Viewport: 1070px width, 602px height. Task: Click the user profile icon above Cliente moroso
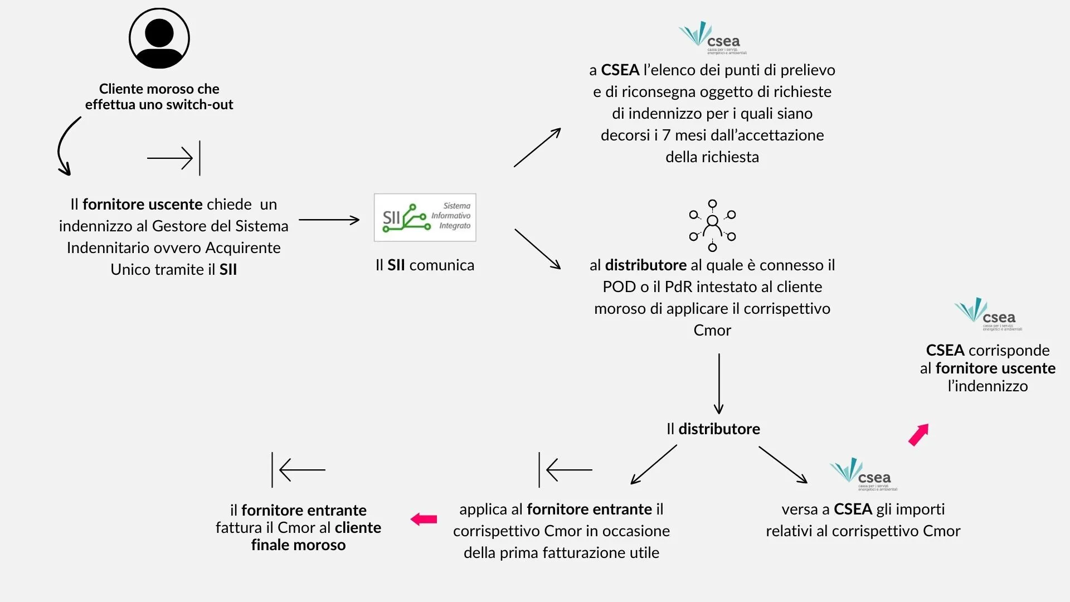tap(159, 38)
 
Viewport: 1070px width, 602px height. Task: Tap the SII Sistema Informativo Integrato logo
tap(425, 217)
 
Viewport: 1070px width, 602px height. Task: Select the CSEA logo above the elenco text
tap(712, 37)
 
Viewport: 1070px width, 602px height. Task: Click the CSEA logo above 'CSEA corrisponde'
tap(988, 314)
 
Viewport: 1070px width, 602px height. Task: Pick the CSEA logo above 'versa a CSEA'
tap(863, 474)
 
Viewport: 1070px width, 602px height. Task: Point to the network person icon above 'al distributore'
tap(712, 225)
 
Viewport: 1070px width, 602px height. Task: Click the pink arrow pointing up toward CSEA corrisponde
tap(918, 435)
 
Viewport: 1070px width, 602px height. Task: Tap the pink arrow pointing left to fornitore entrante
tap(424, 520)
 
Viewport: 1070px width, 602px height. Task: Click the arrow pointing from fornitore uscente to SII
tap(329, 220)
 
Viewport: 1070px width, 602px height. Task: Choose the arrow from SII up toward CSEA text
tap(537, 147)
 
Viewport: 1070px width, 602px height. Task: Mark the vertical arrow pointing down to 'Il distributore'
tap(719, 383)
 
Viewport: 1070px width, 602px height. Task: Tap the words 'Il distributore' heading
tap(713, 429)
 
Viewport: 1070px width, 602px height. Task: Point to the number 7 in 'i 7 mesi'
tap(667, 135)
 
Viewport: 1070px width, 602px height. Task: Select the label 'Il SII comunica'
tap(425, 265)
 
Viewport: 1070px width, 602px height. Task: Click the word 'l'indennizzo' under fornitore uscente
tap(988, 386)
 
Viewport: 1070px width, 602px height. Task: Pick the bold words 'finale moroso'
tap(298, 545)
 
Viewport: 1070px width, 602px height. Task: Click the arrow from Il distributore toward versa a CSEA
tap(782, 464)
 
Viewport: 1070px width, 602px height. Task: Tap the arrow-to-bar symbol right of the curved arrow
tap(174, 158)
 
